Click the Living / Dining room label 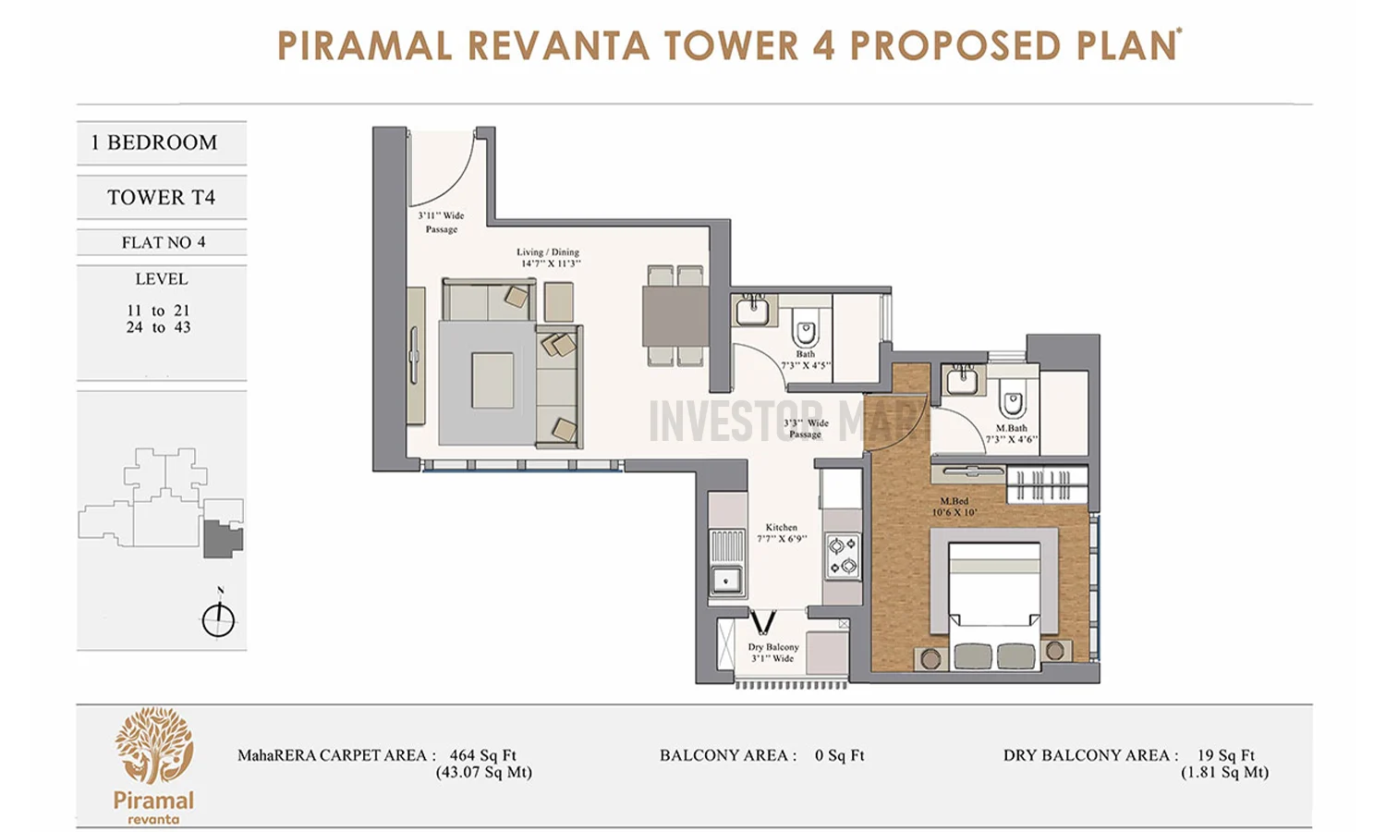[548, 258]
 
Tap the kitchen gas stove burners [842, 556]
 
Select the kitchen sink [726, 581]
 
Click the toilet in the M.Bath [1012, 404]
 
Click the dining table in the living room [675, 315]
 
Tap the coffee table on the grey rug [492, 380]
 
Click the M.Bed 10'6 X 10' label [954, 507]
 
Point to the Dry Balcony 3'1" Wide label [773, 653]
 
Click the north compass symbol [219, 618]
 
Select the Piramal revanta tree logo [154, 747]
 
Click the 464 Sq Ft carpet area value [482, 755]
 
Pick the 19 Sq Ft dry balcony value [1225, 755]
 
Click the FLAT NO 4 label [163, 242]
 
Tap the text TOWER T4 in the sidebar [161, 197]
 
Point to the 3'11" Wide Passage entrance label [441, 222]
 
